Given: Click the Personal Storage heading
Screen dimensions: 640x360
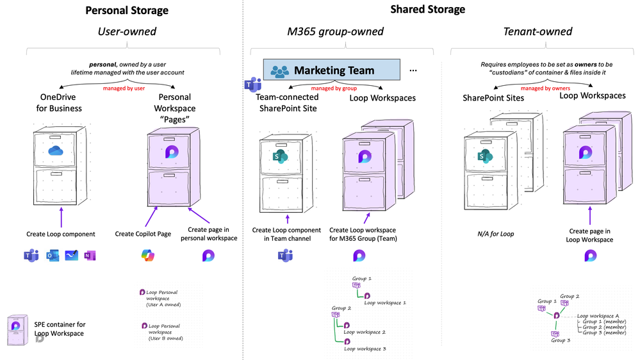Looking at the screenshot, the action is click(x=127, y=10).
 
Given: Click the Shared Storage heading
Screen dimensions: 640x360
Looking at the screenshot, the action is click(x=428, y=10).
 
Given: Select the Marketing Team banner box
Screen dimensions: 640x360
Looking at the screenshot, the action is click(x=331, y=70).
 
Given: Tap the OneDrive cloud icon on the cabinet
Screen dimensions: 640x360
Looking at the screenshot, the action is click(x=56, y=151).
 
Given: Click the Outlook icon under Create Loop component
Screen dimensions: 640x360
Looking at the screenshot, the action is click(x=53, y=256).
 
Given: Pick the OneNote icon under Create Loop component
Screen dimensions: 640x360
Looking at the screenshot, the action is click(x=90, y=256).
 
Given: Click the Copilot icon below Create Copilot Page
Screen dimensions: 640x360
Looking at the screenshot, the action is click(x=148, y=256).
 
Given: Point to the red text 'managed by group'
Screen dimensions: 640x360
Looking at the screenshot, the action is click(x=334, y=88).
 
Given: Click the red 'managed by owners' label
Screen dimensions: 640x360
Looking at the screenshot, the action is click(x=545, y=88).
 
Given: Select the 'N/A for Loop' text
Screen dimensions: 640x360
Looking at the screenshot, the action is click(x=495, y=234).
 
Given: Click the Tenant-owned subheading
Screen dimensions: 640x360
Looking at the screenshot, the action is click(x=537, y=31).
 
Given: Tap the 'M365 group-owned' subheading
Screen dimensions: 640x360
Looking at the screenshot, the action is click(x=335, y=31).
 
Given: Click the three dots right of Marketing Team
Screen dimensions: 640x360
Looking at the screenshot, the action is click(x=413, y=70).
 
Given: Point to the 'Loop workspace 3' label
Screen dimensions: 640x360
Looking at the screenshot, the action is click(x=365, y=348).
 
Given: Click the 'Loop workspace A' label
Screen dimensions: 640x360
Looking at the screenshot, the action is click(x=598, y=316).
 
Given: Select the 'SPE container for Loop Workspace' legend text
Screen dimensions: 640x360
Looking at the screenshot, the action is click(x=60, y=329).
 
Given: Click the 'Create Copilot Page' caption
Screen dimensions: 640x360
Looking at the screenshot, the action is click(x=143, y=234).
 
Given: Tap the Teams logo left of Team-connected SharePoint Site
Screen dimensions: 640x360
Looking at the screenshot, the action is click(x=252, y=84).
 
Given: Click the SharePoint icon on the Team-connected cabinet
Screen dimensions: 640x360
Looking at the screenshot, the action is click(x=281, y=157).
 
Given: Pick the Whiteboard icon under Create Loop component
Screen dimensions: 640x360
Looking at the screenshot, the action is click(x=71, y=256).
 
